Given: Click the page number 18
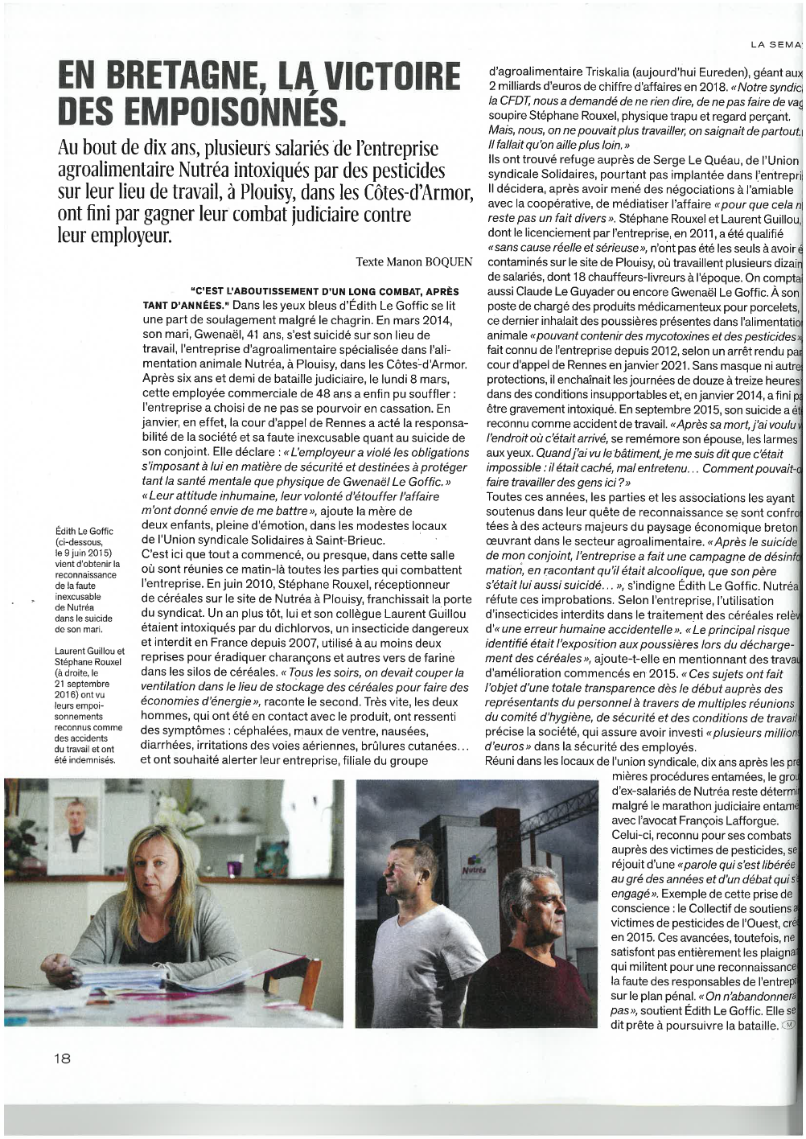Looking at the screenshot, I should [x=63, y=1058].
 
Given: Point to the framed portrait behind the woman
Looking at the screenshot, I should [x=76, y=828].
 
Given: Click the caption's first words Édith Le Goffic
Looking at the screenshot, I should [x=84, y=531].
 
